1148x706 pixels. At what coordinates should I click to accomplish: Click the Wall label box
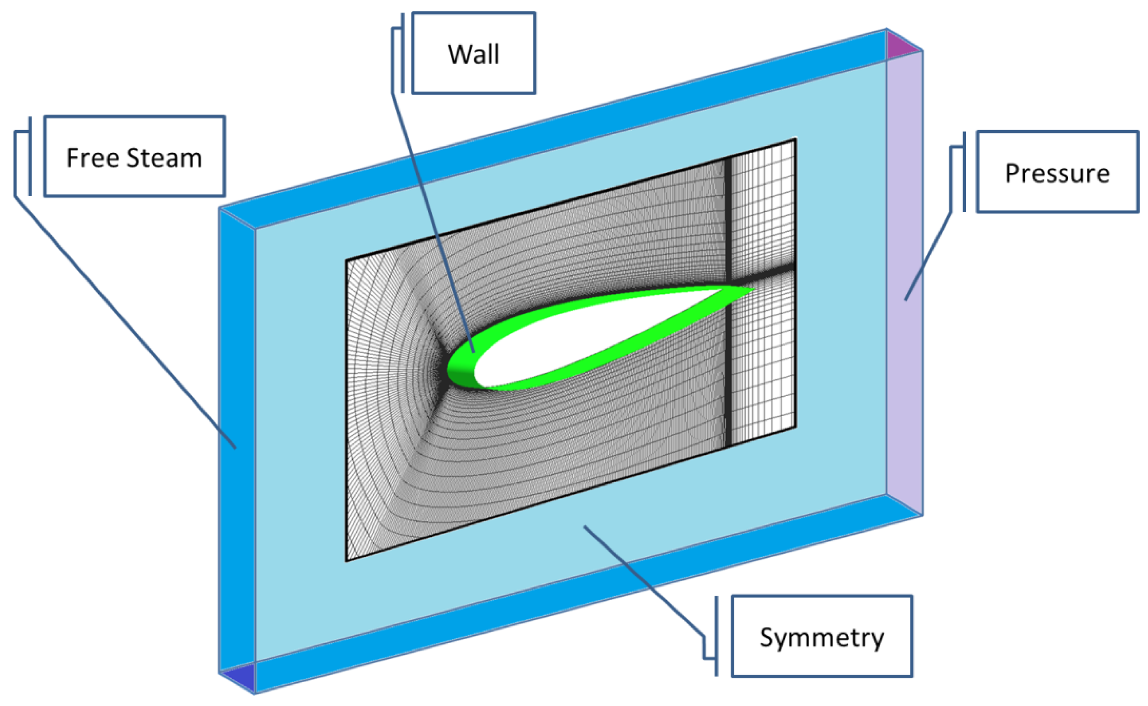click(x=473, y=53)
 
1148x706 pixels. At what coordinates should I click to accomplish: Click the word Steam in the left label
click(x=164, y=157)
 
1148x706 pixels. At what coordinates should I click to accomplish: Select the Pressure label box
click(x=1057, y=173)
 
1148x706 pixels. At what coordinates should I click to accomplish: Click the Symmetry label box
click(x=822, y=637)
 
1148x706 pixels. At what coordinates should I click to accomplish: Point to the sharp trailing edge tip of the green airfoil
click(x=754, y=289)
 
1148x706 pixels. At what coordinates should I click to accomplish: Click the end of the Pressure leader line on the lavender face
click(x=906, y=300)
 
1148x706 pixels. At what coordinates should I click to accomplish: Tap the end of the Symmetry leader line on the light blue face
click(x=584, y=527)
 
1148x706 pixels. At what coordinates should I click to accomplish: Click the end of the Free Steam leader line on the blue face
click(x=235, y=448)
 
